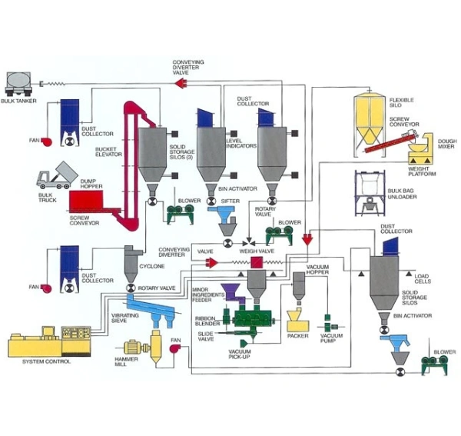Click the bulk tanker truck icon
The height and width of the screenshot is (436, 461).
tap(22, 81)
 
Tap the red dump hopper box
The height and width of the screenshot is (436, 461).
tap(87, 201)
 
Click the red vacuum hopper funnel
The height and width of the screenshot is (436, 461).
tap(307, 239)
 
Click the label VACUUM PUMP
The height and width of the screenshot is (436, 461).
tap(331, 339)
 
